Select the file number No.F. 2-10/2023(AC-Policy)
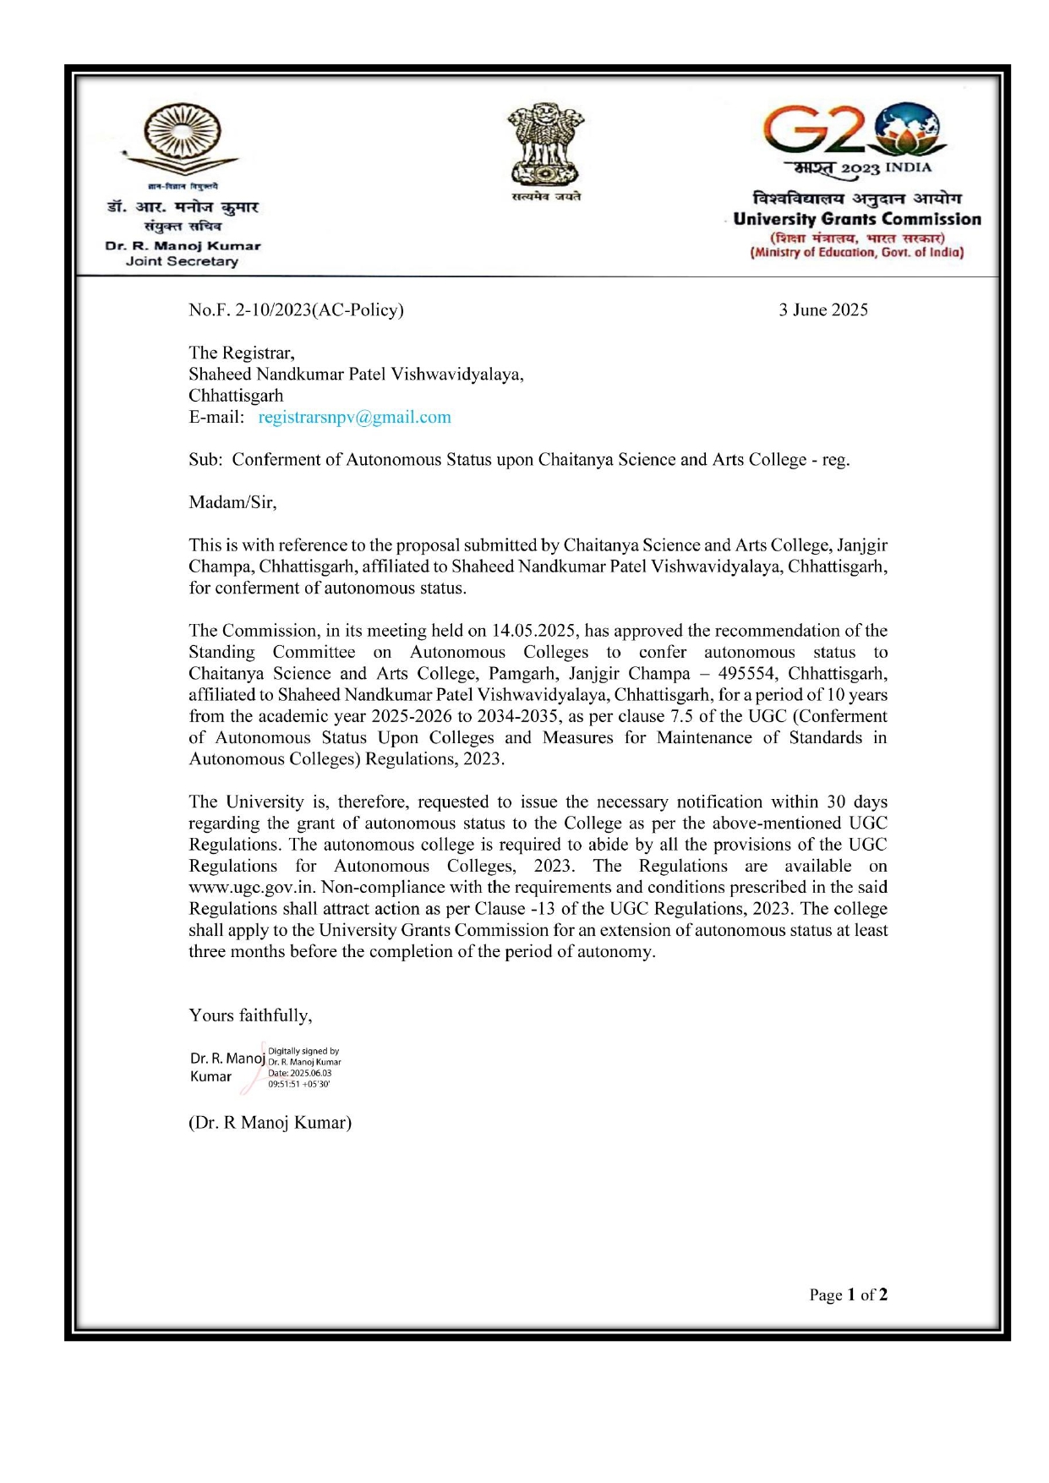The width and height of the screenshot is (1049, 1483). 296,310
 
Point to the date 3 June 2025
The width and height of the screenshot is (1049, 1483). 822,310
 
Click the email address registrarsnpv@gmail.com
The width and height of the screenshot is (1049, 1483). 354,417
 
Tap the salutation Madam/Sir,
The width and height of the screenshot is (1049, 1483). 232,502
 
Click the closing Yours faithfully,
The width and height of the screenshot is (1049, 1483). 250,1015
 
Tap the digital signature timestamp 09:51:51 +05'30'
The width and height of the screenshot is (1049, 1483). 298,1084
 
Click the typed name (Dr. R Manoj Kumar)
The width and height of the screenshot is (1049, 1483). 270,1123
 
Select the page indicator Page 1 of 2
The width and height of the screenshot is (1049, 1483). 848,1295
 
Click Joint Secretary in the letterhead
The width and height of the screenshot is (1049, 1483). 182,261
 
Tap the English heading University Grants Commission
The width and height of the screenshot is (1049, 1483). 857,220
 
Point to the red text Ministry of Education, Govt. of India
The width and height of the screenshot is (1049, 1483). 857,252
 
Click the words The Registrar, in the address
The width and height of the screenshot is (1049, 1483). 241,353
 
